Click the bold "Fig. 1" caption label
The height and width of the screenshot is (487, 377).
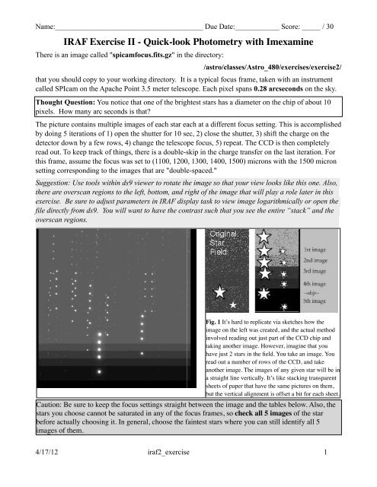point(217,323)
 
